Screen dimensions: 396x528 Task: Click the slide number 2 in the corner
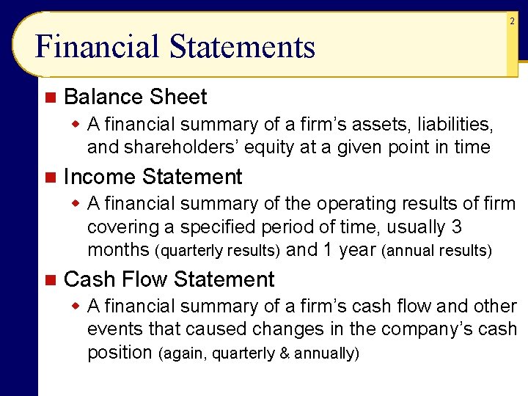(x=512, y=22)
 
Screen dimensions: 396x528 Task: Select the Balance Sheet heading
(x=136, y=97)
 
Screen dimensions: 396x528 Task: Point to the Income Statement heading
(x=153, y=177)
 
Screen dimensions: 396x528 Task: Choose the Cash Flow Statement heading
(x=169, y=279)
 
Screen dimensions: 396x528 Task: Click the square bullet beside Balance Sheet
(x=49, y=97)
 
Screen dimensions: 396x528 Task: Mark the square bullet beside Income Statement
(x=49, y=177)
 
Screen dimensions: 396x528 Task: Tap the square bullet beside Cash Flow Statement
(x=49, y=279)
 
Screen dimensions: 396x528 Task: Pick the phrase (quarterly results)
(x=218, y=251)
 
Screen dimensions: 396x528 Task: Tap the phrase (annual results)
(x=437, y=251)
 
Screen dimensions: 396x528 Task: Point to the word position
(x=119, y=353)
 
